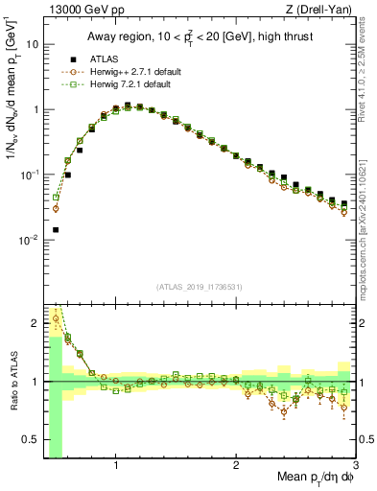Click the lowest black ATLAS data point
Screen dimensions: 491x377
pyautogui.click(x=56, y=230)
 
